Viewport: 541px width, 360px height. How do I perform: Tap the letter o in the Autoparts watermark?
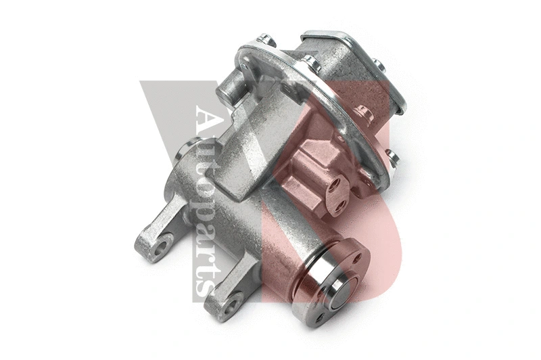(x=207, y=175)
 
